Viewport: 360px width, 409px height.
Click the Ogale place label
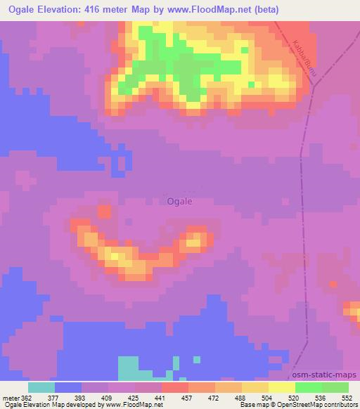click(179, 201)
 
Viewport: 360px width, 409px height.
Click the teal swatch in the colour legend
click(41, 387)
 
